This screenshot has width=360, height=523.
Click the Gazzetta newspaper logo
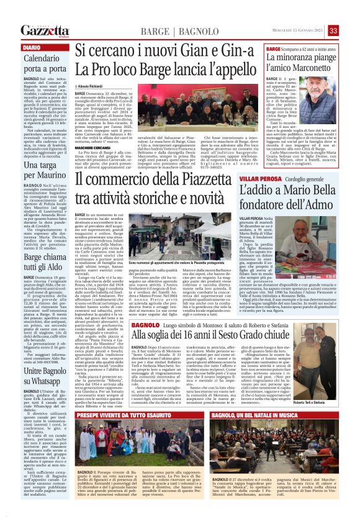click(45, 30)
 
